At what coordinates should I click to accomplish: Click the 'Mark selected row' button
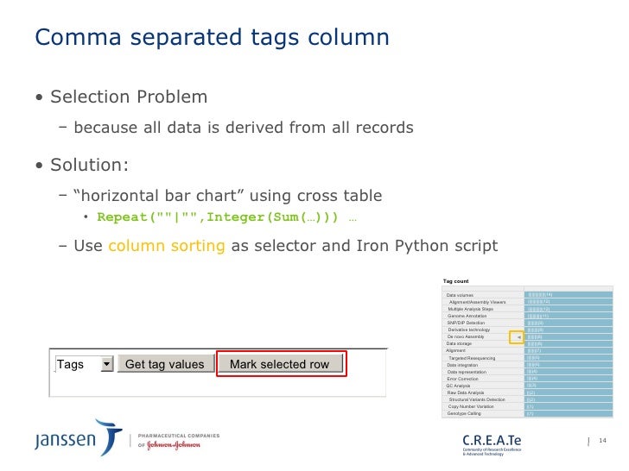click(x=280, y=364)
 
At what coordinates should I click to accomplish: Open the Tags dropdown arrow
click(x=107, y=364)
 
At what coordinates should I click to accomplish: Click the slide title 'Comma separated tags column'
click(x=211, y=38)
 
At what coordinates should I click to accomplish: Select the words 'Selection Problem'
click(x=128, y=96)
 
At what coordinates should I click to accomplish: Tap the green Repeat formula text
click(x=219, y=217)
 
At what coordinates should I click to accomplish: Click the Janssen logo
click(x=78, y=439)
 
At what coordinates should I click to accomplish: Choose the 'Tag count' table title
click(x=455, y=281)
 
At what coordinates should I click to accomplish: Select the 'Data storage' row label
click(x=463, y=343)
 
